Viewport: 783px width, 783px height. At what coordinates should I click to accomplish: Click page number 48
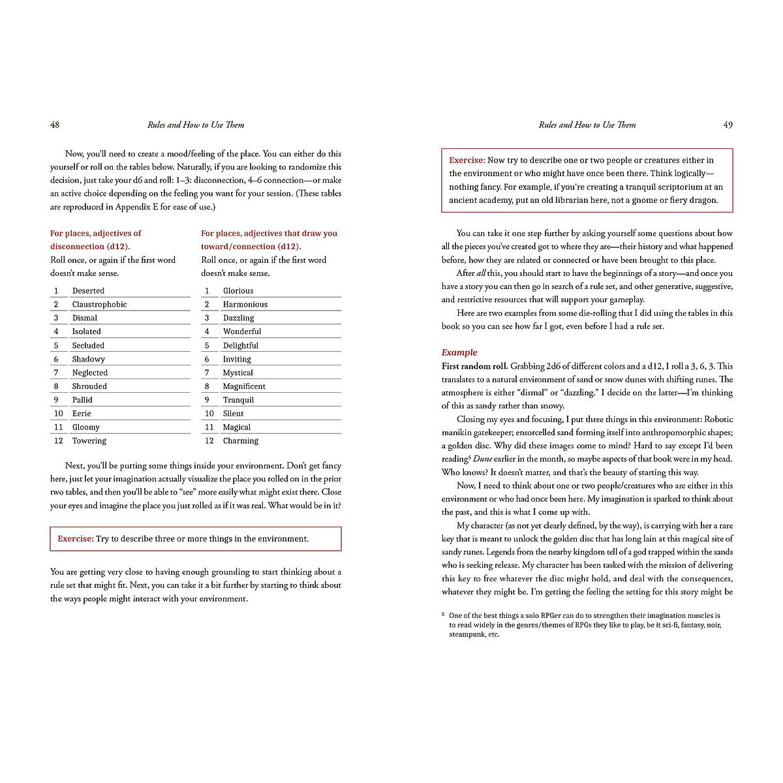[x=55, y=125]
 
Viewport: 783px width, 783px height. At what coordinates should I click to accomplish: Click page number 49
[x=728, y=125]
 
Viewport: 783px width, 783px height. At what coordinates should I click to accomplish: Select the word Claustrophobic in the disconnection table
[x=99, y=304]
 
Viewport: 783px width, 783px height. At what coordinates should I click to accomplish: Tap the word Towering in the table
[x=89, y=440]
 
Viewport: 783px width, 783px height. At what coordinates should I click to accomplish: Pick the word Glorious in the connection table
[x=238, y=290]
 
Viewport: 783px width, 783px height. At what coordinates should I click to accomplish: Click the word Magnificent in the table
[x=244, y=386]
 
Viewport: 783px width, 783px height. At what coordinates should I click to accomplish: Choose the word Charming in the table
[x=240, y=440]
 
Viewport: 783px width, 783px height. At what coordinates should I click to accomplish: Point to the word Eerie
[x=82, y=413]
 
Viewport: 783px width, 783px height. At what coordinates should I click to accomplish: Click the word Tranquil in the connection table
[x=238, y=399]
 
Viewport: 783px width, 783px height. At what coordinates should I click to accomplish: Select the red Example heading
[x=459, y=352]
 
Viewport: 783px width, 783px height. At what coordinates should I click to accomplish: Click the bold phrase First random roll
[x=474, y=366]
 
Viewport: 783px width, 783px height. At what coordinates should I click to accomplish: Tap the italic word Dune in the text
[x=482, y=459]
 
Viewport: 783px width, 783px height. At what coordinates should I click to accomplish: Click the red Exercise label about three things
[x=76, y=539]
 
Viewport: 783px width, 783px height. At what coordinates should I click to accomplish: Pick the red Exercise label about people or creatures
[x=467, y=160]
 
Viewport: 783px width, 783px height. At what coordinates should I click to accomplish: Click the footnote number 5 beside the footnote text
[x=443, y=614]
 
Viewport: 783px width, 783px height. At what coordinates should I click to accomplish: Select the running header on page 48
[x=196, y=125]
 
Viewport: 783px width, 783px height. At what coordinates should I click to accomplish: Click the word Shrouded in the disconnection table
[x=89, y=386]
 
